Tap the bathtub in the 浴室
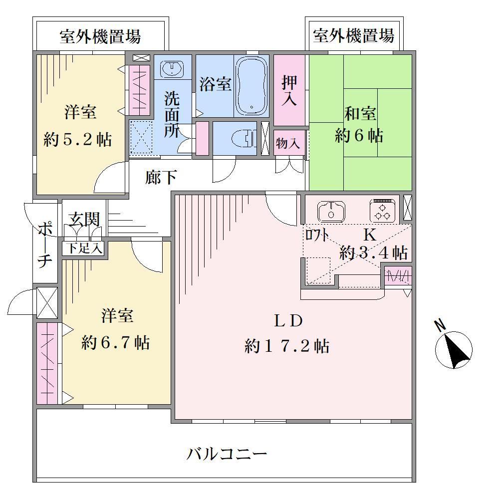click(251, 86)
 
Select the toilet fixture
click(244, 138)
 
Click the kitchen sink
click(331, 212)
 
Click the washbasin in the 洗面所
click(172, 68)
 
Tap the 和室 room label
click(360, 114)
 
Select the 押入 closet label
click(289, 91)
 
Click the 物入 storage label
click(288, 143)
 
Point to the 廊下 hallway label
click(161, 177)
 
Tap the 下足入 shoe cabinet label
click(84, 248)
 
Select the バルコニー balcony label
click(227, 454)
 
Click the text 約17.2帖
click(287, 346)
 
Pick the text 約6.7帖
click(116, 343)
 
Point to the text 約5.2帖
click(78, 139)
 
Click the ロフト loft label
click(317, 235)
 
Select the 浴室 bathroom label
click(216, 84)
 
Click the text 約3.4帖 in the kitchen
click(373, 252)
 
